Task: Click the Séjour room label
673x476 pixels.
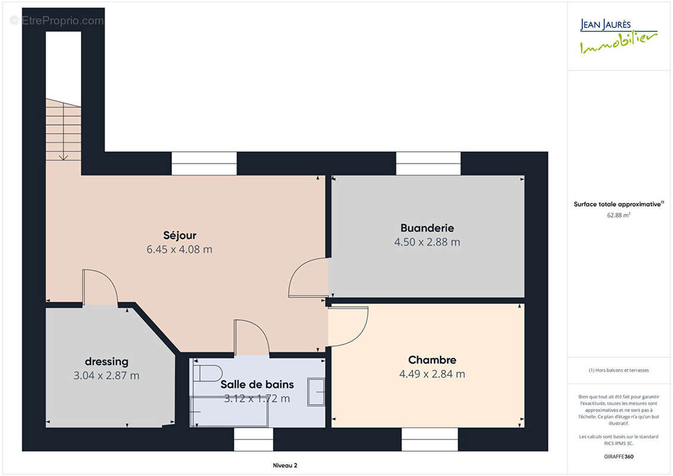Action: coord(180,236)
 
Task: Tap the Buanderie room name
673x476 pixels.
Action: coord(427,228)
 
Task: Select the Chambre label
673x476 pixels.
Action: coord(432,360)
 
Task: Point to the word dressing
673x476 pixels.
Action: coord(106,362)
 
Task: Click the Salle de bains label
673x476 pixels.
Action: coord(257,384)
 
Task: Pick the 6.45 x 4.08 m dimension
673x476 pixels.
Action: coord(180,249)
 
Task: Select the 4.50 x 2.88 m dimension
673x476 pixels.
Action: coord(427,242)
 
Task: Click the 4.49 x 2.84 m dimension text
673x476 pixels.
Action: coord(432,374)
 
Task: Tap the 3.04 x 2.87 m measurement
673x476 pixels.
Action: coord(106,376)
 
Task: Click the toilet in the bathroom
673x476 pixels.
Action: coord(207,373)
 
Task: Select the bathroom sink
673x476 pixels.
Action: coord(316,392)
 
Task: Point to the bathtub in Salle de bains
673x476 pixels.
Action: coord(229,412)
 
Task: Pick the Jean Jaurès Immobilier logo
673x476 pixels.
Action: coord(618,36)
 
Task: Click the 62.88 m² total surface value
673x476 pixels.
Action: coord(618,215)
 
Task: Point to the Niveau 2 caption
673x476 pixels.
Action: coord(285,465)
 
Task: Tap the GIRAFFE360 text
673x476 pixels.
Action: coord(618,457)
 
